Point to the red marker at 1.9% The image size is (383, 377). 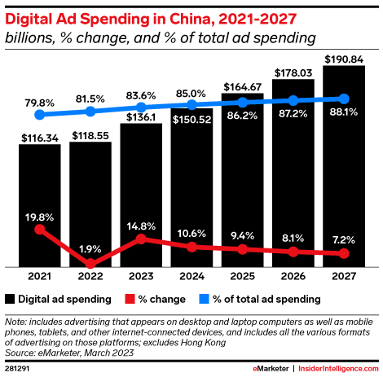tap(90, 264)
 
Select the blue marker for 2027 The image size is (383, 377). tap(344, 99)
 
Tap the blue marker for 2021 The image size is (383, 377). tap(40, 115)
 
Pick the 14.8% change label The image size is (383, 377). tap(142, 223)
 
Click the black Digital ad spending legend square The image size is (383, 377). tap(11, 298)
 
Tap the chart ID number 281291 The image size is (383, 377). tap(18, 368)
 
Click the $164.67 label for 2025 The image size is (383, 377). tap(242, 86)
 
